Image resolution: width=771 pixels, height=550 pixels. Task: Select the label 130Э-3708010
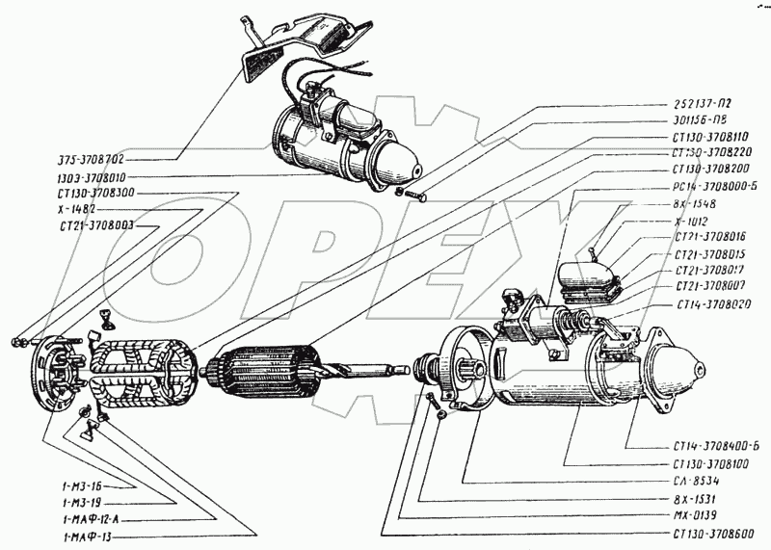(x=94, y=177)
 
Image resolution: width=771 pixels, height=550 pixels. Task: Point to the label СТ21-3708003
(x=94, y=225)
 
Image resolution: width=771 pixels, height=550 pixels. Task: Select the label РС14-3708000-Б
(x=708, y=188)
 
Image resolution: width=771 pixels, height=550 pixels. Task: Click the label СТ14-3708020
(x=708, y=303)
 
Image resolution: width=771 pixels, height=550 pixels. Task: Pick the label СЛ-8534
(x=697, y=480)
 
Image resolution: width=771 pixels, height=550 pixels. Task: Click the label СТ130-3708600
(x=708, y=532)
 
